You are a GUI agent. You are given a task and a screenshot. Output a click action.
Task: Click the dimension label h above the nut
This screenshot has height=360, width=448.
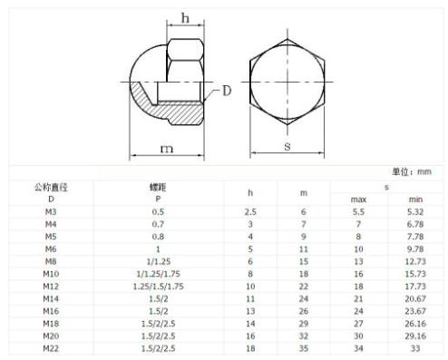point(186,17)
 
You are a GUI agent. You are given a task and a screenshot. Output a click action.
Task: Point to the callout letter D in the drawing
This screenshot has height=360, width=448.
point(227,91)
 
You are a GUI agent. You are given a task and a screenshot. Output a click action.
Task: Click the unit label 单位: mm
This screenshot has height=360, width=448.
point(411,170)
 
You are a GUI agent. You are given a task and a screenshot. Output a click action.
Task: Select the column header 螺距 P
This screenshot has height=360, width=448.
point(157,191)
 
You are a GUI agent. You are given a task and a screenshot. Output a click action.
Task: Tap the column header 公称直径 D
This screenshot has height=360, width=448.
point(51,191)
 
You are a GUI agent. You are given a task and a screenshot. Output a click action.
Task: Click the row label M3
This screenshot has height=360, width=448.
point(51,210)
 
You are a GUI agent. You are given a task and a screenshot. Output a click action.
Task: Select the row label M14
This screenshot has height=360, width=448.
point(51,297)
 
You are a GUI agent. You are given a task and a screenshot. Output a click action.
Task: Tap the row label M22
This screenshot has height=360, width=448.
point(51,347)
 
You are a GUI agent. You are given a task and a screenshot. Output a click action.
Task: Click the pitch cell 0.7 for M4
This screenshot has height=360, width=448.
point(157,223)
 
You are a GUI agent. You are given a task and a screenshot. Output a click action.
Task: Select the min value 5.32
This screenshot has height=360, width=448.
point(415,210)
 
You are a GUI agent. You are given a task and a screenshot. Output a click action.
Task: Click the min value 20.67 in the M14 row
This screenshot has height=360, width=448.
point(415,297)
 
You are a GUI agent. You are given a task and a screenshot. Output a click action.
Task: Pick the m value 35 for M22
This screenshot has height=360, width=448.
point(304,347)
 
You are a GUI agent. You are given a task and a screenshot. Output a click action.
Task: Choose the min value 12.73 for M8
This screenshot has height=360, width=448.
point(415,260)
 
